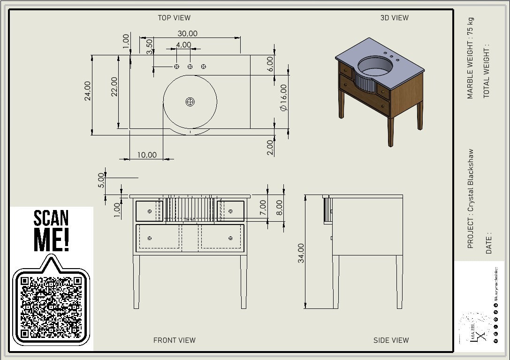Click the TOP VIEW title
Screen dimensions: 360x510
[174, 18]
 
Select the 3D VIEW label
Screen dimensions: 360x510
[394, 18]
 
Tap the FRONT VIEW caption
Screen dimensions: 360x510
[174, 340]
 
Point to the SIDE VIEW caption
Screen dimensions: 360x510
[391, 340]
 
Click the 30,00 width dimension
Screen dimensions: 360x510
[187, 34]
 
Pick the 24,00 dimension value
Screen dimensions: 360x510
[87, 94]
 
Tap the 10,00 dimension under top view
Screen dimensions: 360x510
[147, 155]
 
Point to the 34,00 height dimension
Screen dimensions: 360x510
[301, 253]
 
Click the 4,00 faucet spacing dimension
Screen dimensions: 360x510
[183, 45]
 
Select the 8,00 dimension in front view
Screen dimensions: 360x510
[280, 207]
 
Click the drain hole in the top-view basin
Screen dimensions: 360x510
[190, 102]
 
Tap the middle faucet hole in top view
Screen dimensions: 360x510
[190, 67]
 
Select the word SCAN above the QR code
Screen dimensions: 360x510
[51, 218]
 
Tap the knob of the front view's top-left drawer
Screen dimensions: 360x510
[149, 211]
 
